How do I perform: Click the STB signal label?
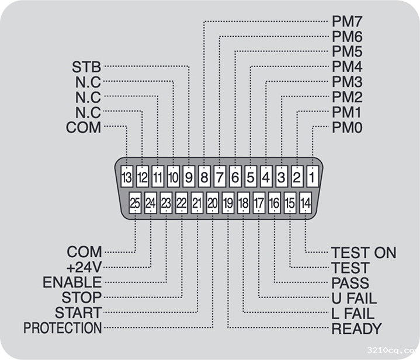click(86, 65)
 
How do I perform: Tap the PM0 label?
click(347, 127)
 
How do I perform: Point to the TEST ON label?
click(363, 253)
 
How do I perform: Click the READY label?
click(356, 329)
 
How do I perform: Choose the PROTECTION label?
click(63, 328)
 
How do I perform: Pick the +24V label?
click(84, 268)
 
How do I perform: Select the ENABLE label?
click(72, 283)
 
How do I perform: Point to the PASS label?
click(350, 284)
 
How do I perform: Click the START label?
click(78, 313)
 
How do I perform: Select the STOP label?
click(82, 298)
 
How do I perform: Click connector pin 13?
click(127, 175)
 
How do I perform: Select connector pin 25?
click(135, 204)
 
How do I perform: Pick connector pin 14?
click(305, 204)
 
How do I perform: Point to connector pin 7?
click(219, 175)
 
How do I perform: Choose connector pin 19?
click(228, 204)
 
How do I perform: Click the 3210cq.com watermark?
click(393, 350)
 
